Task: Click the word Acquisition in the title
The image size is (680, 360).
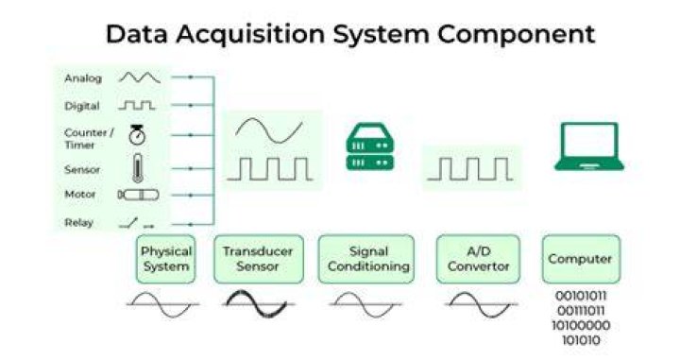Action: (250, 35)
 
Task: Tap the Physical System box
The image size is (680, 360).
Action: (165, 259)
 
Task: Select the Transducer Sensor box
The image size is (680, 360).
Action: (259, 259)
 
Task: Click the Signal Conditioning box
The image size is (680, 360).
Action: (366, 259)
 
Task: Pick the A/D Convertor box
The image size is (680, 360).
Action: (478, 259)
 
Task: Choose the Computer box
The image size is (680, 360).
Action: (581, 259)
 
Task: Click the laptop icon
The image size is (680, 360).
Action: (589, 146)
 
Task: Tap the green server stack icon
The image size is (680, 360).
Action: (370, 146)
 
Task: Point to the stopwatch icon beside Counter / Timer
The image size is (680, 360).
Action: (137, 135)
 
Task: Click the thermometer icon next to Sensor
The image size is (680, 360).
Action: (138, 168)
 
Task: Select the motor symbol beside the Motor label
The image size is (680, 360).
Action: (138, 195)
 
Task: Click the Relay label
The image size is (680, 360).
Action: (79, 222)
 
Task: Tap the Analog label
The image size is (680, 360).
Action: (83, 78)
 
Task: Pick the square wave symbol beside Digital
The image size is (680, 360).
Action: (137, 106)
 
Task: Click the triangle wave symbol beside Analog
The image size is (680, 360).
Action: (140, 77)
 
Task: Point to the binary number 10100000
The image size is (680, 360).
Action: (581, 325)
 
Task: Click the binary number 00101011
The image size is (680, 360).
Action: (581, 297)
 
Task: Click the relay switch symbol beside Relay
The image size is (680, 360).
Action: (136, 223)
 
